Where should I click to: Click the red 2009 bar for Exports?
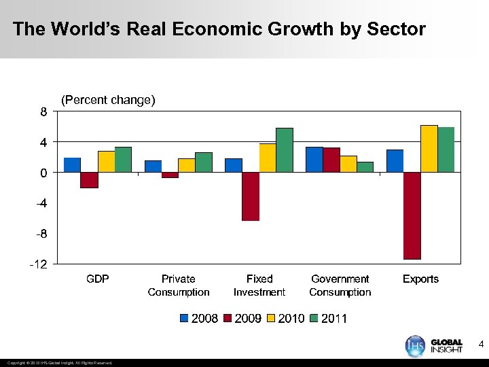(412, 215)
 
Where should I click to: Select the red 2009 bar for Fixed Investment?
(251, 196)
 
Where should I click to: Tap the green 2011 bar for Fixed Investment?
(285, 150)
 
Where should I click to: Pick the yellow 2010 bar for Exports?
(429, 149)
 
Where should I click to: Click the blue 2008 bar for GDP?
(72, 165)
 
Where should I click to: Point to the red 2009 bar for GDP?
(89, 180)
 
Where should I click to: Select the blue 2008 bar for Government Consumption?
(314, 160)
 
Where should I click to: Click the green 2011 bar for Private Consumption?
(204, 162)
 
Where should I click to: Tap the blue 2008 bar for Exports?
(395, 161)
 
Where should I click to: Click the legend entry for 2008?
(199, 318)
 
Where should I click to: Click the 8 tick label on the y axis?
(43, 113)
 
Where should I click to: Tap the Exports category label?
(420, 279)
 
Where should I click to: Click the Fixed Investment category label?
(259, 285)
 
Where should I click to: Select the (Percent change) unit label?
(108, 101)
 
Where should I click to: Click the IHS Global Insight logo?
(434, 345)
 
